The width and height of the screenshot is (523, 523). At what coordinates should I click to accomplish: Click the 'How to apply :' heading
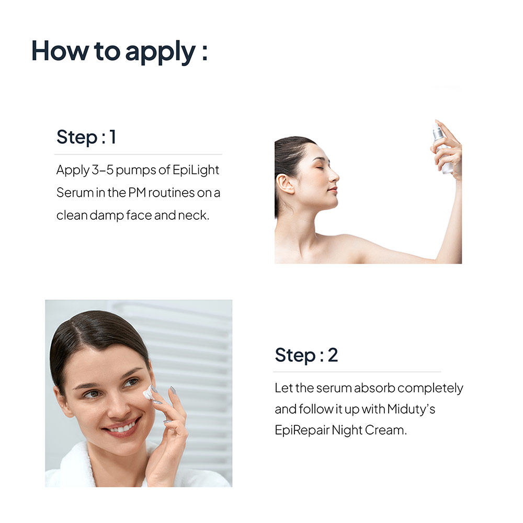119,51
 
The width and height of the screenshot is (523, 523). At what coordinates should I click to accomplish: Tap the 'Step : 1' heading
86,137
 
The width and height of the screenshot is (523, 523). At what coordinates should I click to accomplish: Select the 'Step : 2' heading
306,355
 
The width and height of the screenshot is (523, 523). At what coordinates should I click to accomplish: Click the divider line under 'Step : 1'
138,154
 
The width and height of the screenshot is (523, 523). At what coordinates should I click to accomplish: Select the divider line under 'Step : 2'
357,372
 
